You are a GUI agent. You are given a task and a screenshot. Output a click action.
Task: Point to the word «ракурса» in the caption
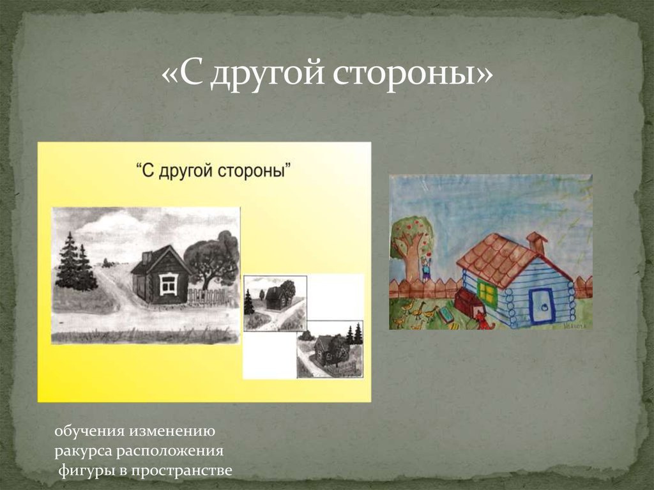83,451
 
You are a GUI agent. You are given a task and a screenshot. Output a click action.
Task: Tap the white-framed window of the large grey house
168,283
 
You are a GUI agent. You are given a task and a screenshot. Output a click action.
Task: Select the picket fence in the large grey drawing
207,296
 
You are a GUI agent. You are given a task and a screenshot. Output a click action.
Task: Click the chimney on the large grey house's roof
146,257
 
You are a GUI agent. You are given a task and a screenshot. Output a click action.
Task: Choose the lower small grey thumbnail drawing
330,349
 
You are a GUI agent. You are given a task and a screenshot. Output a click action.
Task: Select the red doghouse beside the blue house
468,302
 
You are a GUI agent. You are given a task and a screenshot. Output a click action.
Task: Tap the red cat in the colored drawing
483,322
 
